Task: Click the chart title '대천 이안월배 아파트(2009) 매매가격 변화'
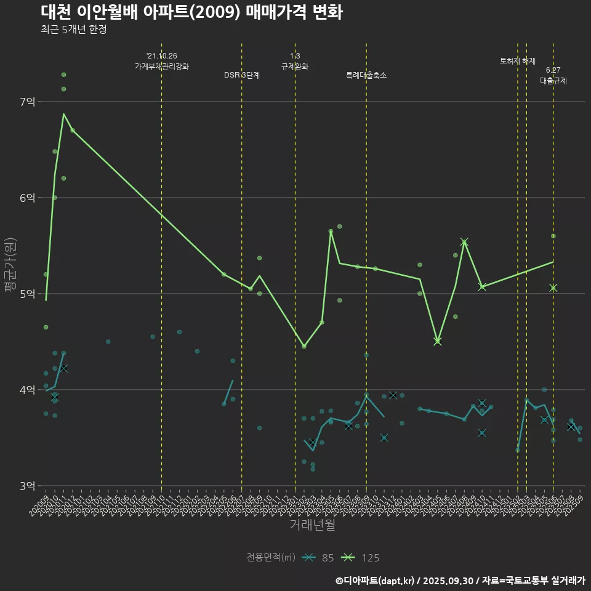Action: [x=191, y=12]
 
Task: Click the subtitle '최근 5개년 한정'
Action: [x=74, y=30]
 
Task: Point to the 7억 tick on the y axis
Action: [x=27, y=102]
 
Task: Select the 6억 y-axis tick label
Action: [x=27, y=198]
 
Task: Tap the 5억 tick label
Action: [x=27, y=294]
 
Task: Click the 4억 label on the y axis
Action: [x=27, y=390]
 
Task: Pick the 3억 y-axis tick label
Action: [x=27, y=486]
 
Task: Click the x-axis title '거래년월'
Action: [x=313, y=525]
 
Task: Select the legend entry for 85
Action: [x=320, y=558]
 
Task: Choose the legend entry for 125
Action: [x=361, y=558]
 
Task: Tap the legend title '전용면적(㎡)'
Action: [x=271, y=558]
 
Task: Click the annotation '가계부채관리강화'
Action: [x=162, y=66]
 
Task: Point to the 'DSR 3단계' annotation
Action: [x=242, y=75]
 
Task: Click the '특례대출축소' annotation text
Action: [x=366, y=75]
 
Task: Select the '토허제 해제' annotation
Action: [x=518, y=61]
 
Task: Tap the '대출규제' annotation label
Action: [x=553, y=80]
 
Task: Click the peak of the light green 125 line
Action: [x=63, y=114]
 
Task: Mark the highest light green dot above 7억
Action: [x=63, y=74]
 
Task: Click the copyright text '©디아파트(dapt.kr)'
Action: [x=375, y=580]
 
